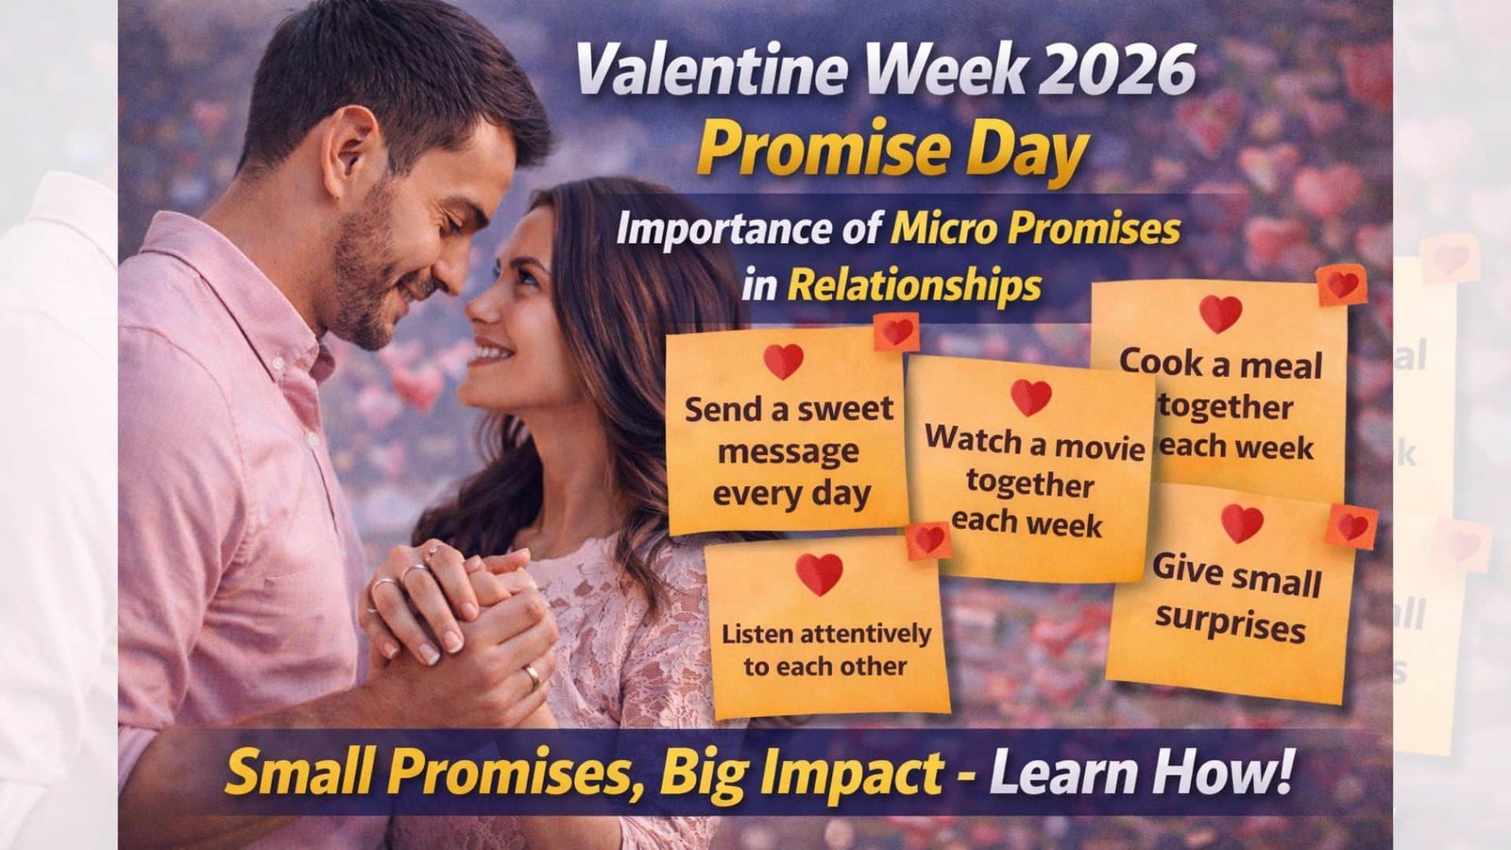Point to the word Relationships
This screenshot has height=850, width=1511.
[915, 286]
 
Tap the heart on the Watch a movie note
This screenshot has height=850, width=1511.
[1030, 398]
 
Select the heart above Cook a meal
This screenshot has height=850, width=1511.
[1220, 314]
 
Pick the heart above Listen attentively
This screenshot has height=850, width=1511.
[819, 574]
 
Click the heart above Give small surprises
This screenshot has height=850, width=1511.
[1242, 523]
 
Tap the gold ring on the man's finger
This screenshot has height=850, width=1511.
[533, 675]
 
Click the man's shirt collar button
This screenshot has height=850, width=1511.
[278, 363]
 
